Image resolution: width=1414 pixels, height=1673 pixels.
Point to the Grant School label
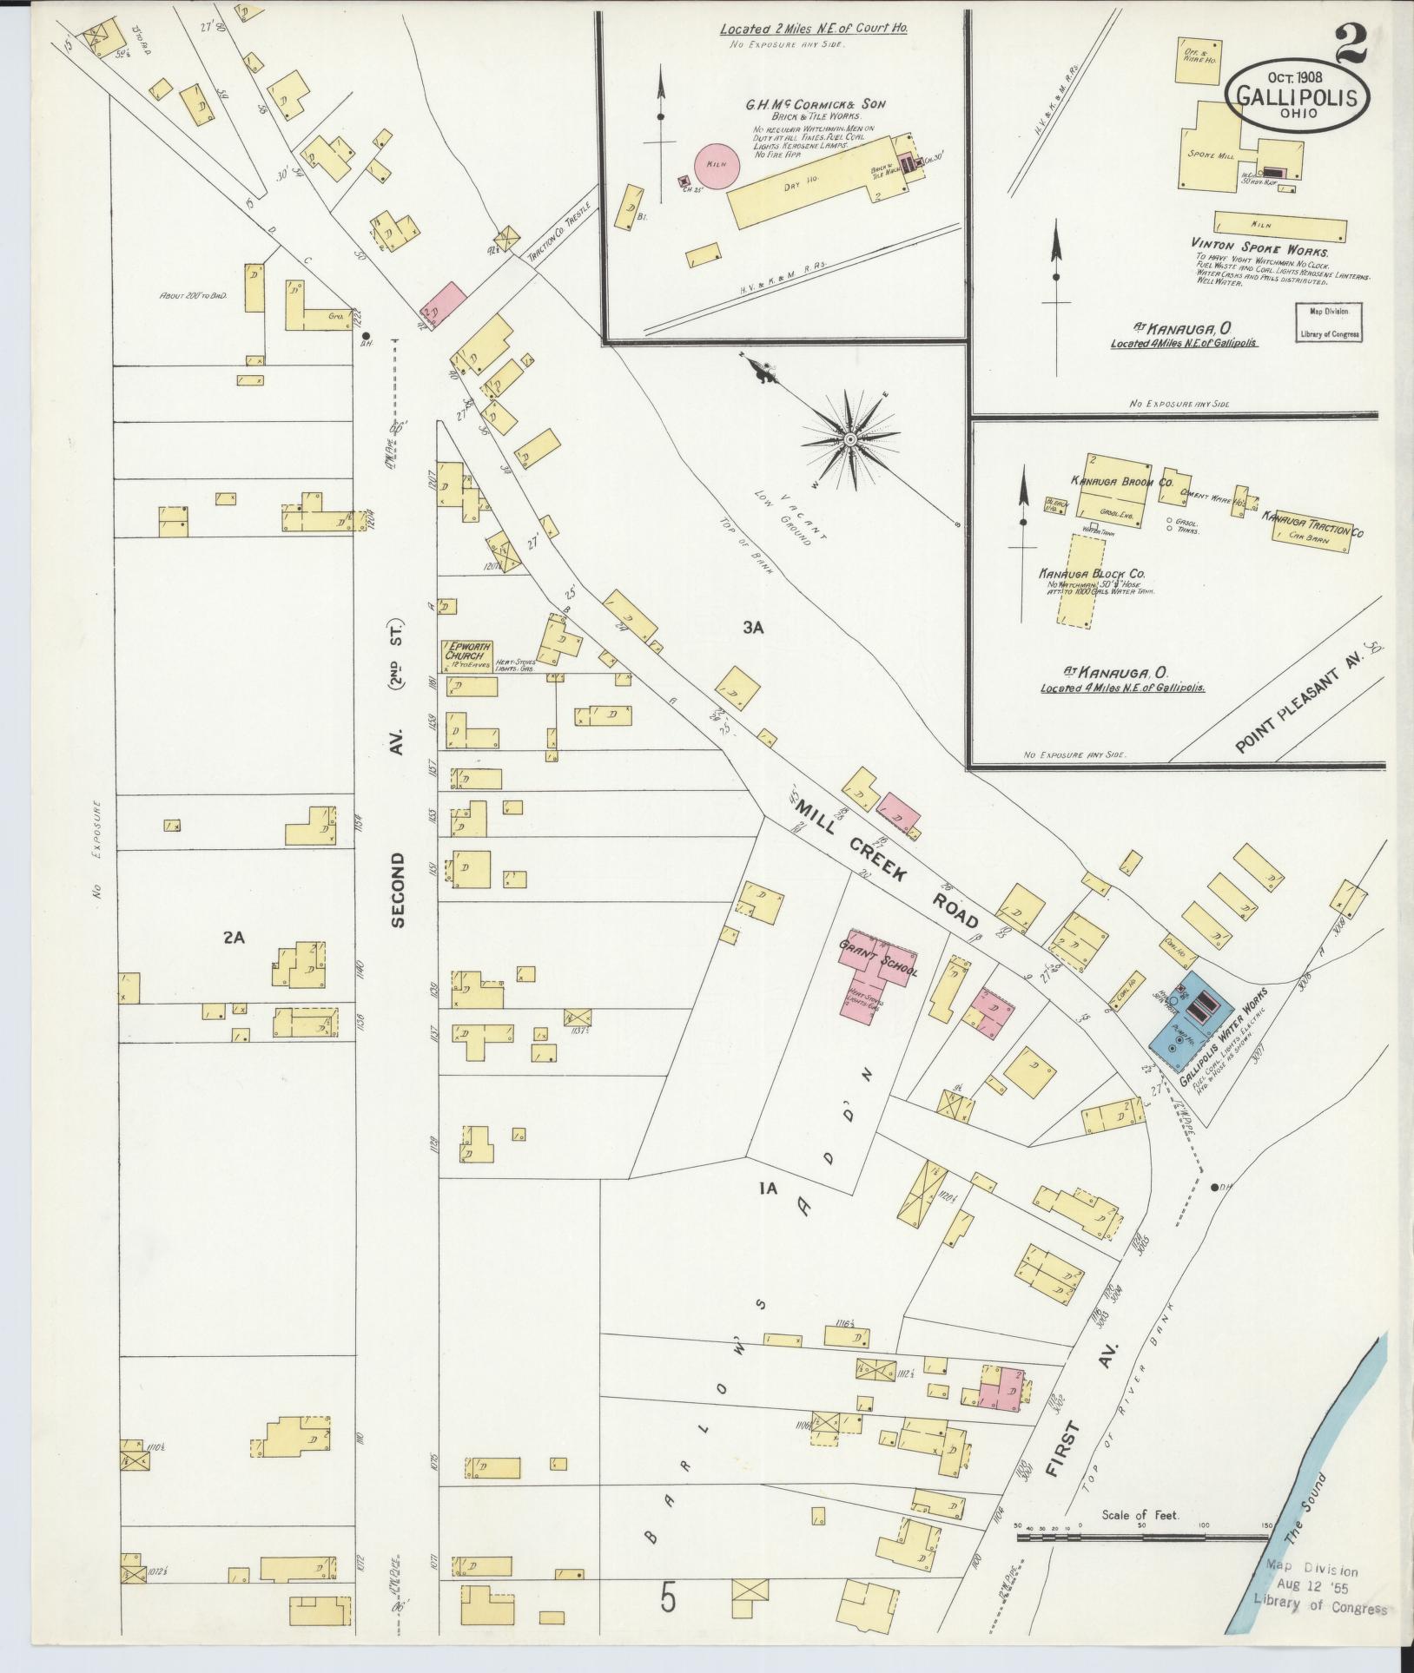click(x=877, y=958)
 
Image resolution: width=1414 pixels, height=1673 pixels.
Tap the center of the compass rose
click(x=850, y=440)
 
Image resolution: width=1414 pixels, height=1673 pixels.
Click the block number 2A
click(x=234, y=937)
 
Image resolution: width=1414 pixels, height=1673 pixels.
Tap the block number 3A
click(x=751, y=628)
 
